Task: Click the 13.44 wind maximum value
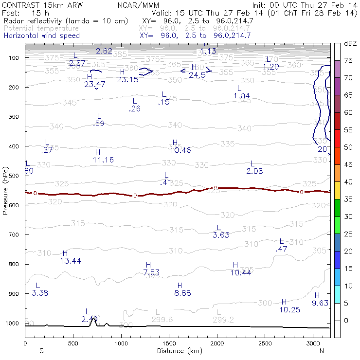point(70,261)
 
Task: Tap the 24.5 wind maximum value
point(197,75)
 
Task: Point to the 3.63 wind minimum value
point(221,235)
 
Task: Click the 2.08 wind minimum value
point(254,171)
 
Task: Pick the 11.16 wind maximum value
point(103,160)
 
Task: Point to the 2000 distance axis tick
point(216,342)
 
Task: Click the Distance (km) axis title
point(178,350)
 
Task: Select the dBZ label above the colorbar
point(350,44)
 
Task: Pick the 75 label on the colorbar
point(348,61)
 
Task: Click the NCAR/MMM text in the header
point(138,5)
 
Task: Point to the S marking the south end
point(41,350)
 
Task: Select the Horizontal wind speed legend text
point(41,36)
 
